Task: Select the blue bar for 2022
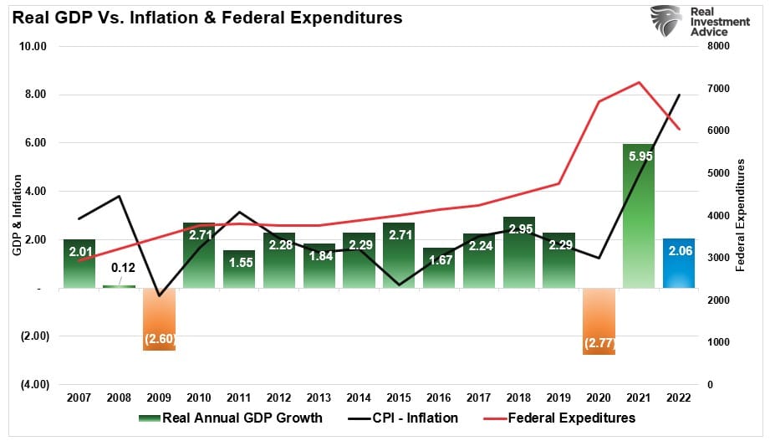[678, 264]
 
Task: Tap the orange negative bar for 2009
[159, 319]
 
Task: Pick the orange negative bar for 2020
[599, 321]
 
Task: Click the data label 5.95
[640, 156]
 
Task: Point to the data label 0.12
[120, 269]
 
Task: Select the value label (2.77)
[599, 343]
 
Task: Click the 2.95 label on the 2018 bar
[520, 228]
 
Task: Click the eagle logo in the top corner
[665, 21]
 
